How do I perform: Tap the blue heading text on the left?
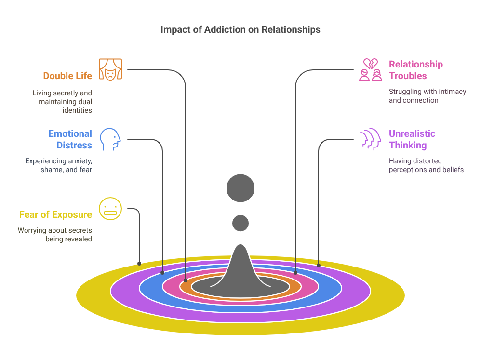[70, 142]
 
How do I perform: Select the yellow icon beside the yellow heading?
[110, 211]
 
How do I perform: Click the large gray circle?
[240, 188]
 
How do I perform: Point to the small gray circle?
[240, 223]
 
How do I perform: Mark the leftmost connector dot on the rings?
[139, 264]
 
